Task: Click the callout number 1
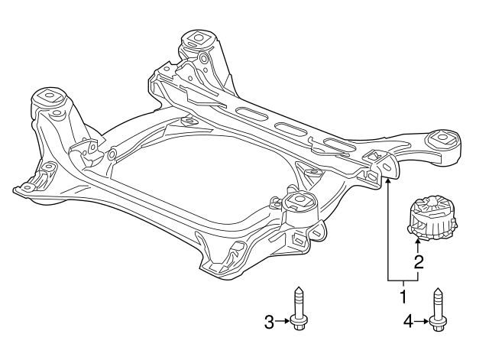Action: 403,293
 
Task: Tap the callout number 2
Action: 419,263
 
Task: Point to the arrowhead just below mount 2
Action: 419,243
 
